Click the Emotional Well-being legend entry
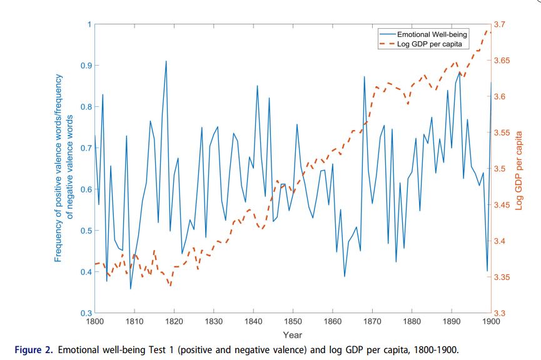(x=432, y=34)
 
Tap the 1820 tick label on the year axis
(x=174, y=322)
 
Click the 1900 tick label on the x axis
(x=491, y=322)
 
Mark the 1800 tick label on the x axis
(x=95, y=322)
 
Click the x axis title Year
(x=293, y=334)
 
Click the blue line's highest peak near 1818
(x=166, y=61)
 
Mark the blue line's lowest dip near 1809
(x=131, y=289)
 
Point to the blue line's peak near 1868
(x=364, y=77)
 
